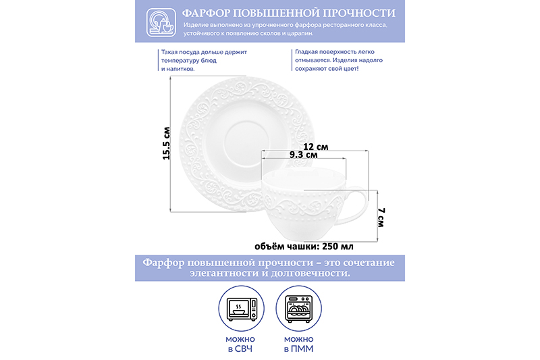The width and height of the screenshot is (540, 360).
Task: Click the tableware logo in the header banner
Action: coord(161,22)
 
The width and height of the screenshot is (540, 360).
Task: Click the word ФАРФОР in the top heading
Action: coord(206,14)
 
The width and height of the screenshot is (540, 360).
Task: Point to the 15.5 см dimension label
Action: coord(167,143)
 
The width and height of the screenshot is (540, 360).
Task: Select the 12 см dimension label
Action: coord(315,147)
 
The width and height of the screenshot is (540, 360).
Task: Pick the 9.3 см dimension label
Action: coord(303,155)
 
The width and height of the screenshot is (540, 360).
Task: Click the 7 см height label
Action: coord(381,217)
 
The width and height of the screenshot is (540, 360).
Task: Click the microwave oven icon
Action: coord(242,309)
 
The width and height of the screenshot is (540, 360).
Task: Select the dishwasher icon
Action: coord(299,309)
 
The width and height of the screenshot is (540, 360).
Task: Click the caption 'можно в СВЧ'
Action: coord(240,344)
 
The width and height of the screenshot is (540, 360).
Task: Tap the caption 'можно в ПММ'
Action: coord(298,344)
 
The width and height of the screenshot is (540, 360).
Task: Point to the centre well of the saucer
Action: coord(246,141)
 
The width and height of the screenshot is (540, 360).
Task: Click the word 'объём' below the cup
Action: coord(266,247)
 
